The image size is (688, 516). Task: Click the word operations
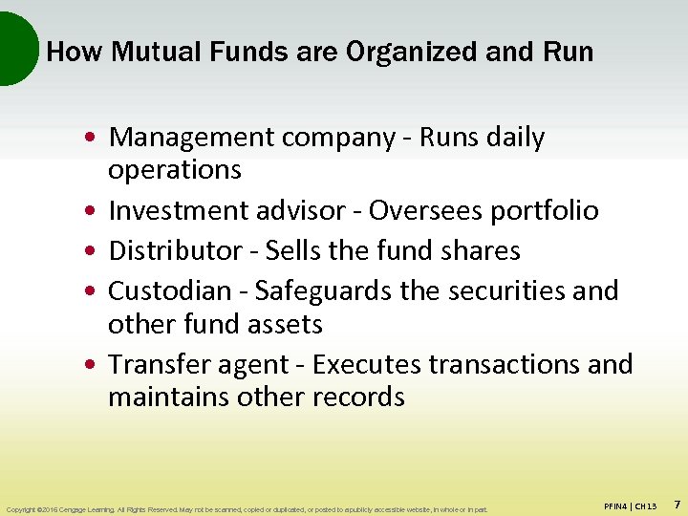pos(175,170)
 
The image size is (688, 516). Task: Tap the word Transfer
pos(153,364)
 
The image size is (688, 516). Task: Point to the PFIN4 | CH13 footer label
pos(630,505)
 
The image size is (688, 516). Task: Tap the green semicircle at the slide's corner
pos(14,48)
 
